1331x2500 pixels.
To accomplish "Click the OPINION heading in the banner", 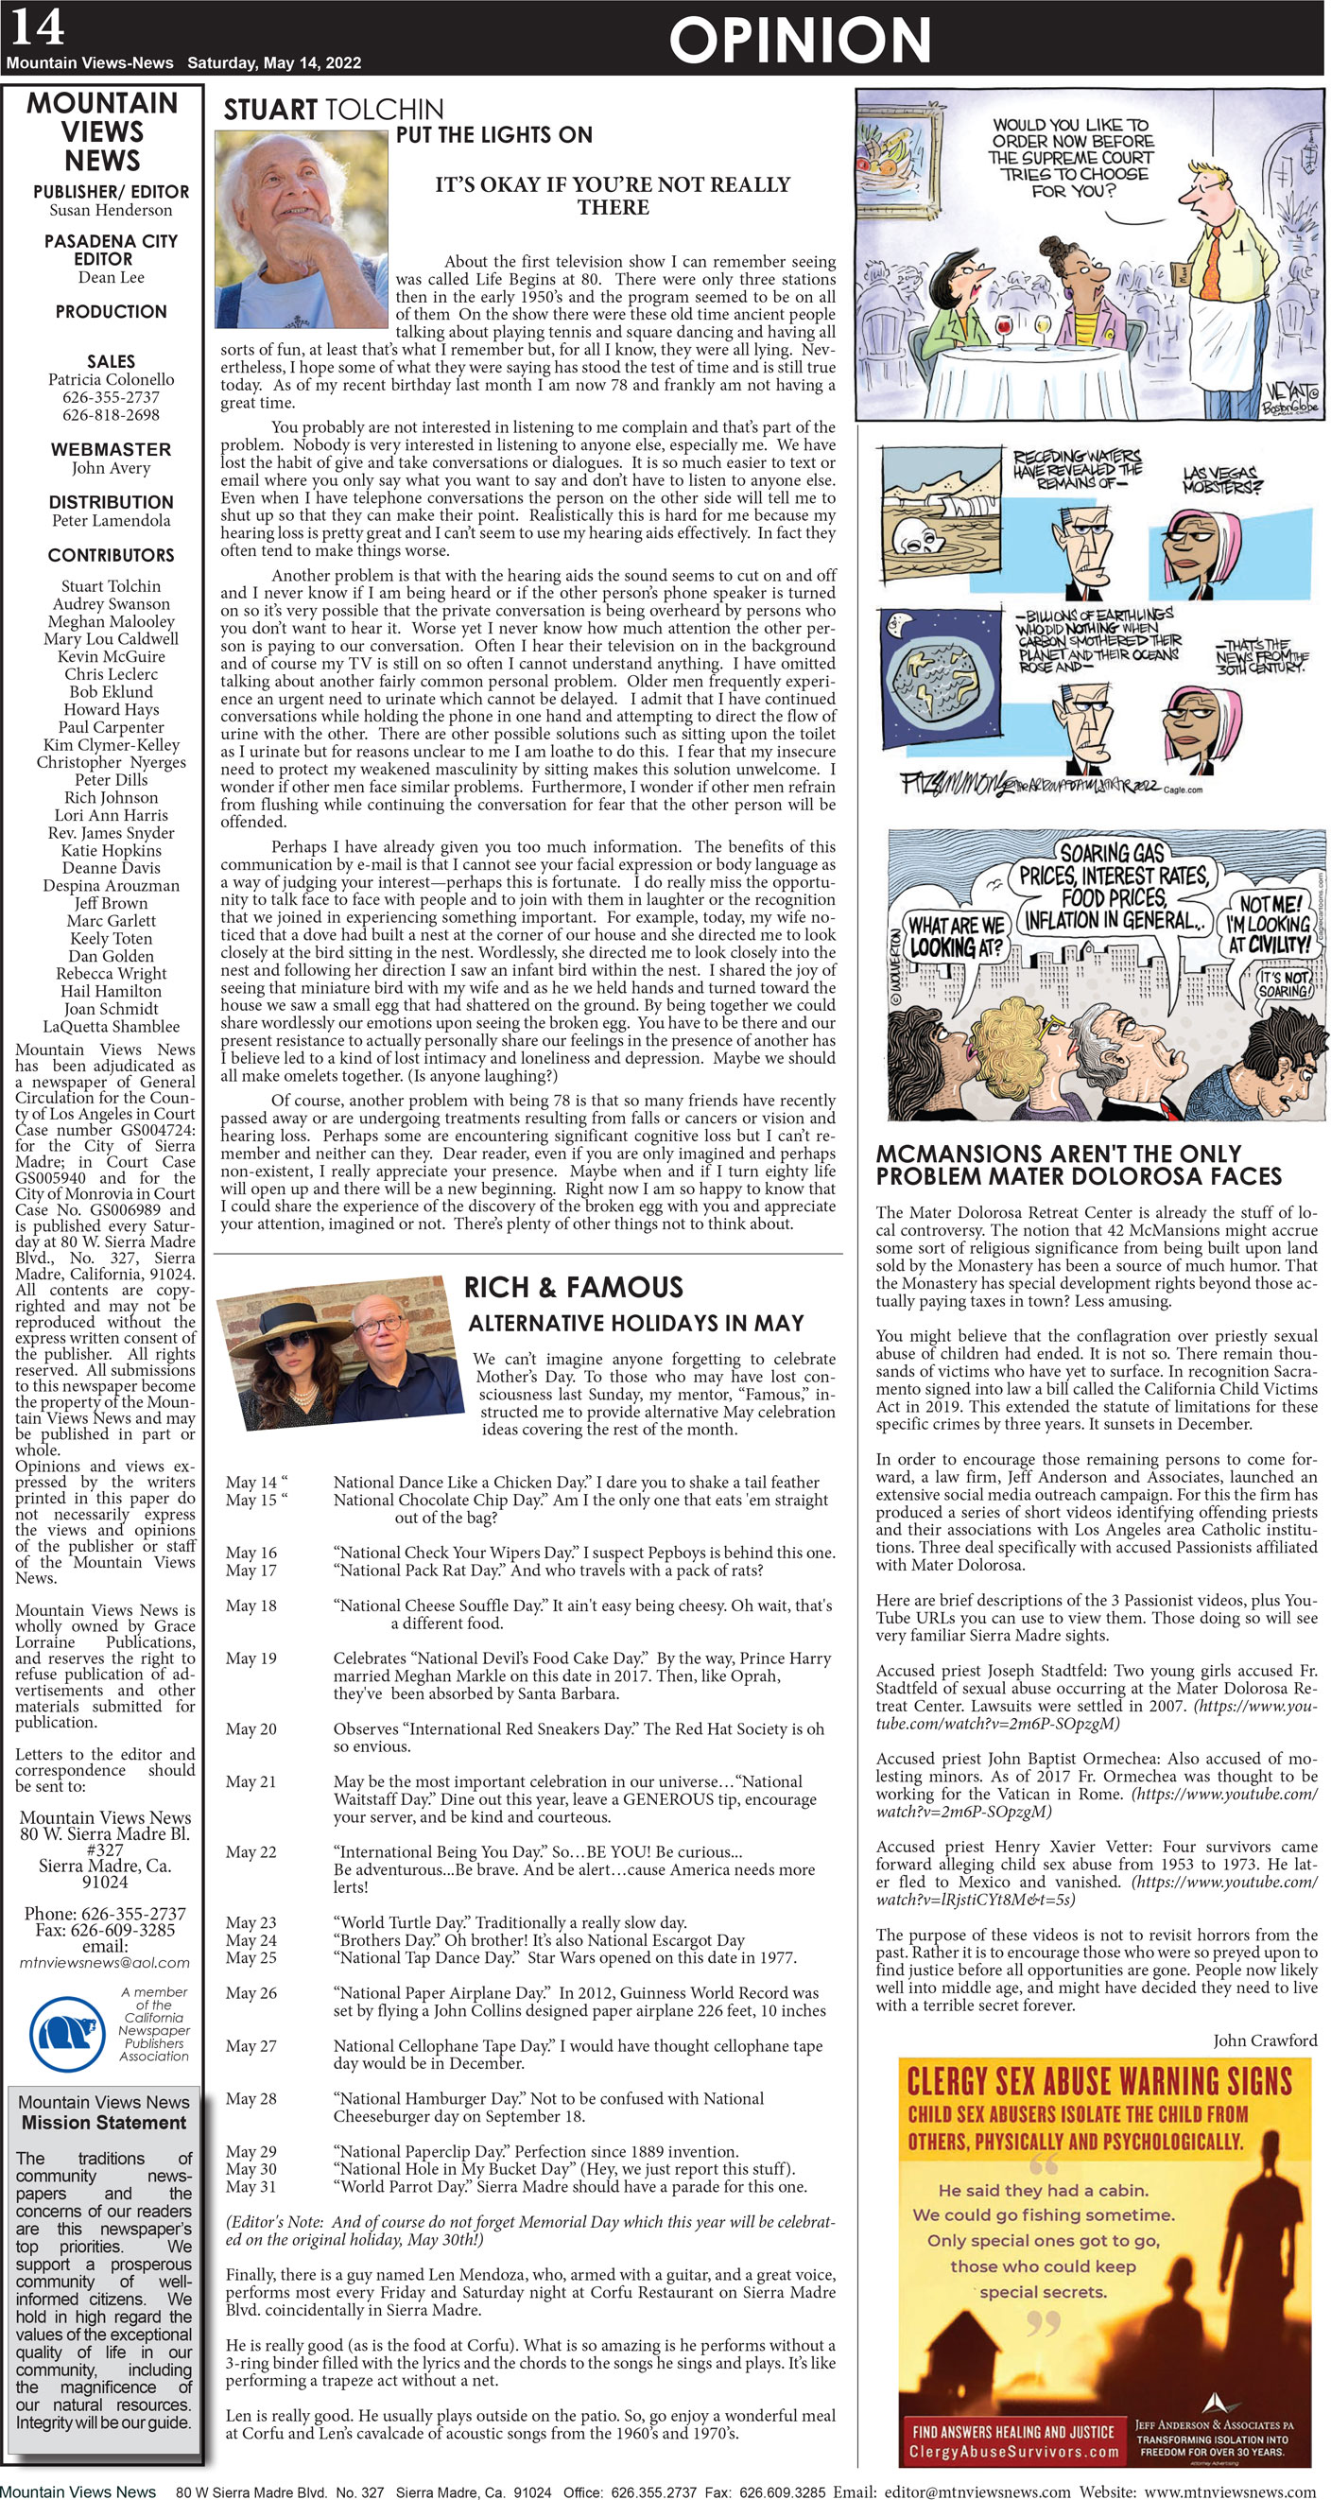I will click(800, 40).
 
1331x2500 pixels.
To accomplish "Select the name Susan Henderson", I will click(111, 210).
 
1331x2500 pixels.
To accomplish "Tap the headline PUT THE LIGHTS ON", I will click(493, 135).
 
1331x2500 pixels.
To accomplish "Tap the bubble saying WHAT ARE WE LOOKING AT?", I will click(955, 936).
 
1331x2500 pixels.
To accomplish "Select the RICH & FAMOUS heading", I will click(574, 1288).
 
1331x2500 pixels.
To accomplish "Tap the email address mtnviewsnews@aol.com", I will click(105, 1962).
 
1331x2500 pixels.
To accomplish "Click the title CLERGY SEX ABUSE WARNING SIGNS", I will click(1098, 2083).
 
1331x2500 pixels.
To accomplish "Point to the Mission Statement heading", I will click(104, 2123).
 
